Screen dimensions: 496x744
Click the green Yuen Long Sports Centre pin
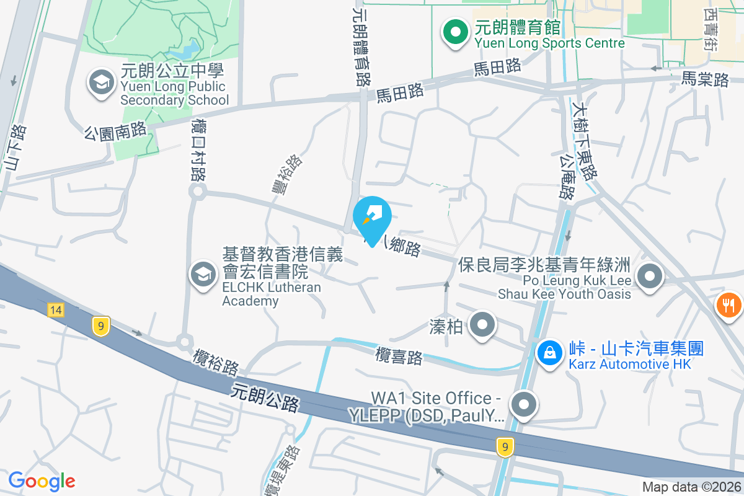[455, 33]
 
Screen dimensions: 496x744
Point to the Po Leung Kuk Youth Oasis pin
[649, 277]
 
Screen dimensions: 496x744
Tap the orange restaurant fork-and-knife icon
[728, 305]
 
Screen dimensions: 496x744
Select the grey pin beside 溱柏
[482, 325]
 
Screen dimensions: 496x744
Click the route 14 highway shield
[56, 309]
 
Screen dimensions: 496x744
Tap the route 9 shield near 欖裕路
[100, 327]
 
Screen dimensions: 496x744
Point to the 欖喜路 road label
[399, 356]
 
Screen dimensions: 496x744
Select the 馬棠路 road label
[705, 79]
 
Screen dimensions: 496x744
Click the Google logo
[42, 481]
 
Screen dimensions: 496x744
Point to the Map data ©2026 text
[691, 487]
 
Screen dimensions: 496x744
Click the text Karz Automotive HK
[629, 364]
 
